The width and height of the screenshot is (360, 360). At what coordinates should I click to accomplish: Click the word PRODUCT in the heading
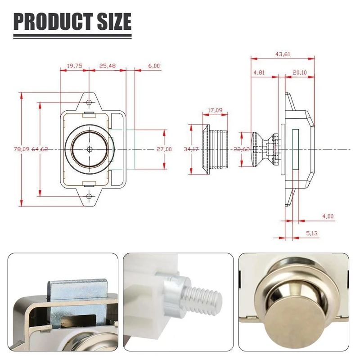pos(53,21)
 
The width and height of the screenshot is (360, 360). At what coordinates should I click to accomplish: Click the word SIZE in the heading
pos(114,21)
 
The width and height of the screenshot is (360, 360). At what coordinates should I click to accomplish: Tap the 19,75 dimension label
pos(74,66)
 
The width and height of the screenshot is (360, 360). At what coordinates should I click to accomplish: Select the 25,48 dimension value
pos(108,66)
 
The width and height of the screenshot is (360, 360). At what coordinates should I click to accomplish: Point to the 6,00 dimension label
pos(154,66)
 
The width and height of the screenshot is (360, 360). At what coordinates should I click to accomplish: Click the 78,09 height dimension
pos(22,149)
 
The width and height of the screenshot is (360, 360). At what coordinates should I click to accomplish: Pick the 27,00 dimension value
pos(164,149)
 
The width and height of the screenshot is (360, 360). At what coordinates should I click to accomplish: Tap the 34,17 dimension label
pos(191,149)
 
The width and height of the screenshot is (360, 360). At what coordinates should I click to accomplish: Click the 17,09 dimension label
pos(215,110)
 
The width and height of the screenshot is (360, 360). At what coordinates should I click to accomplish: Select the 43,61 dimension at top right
pos(283,54)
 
